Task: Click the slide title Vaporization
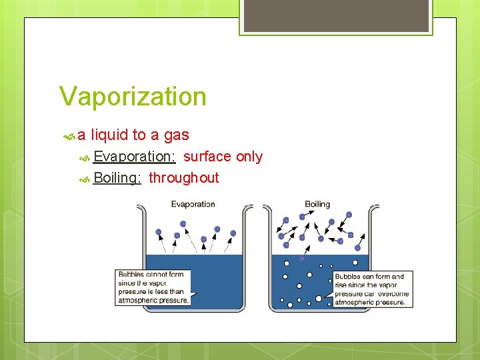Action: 133,96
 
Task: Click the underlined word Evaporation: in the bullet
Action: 135,157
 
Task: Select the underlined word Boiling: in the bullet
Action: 117,178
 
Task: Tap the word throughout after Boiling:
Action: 183,178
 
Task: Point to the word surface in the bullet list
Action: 207,157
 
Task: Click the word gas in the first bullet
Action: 176,135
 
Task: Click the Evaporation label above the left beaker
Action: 193,204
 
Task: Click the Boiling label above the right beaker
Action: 317,204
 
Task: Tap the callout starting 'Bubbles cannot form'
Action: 153,287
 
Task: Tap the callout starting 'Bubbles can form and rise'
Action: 372,289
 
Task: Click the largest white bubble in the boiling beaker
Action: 319,298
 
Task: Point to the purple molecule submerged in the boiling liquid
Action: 302,258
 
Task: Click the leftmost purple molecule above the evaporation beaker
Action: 159,232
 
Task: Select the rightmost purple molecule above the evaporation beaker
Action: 233,233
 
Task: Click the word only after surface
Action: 249,157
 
